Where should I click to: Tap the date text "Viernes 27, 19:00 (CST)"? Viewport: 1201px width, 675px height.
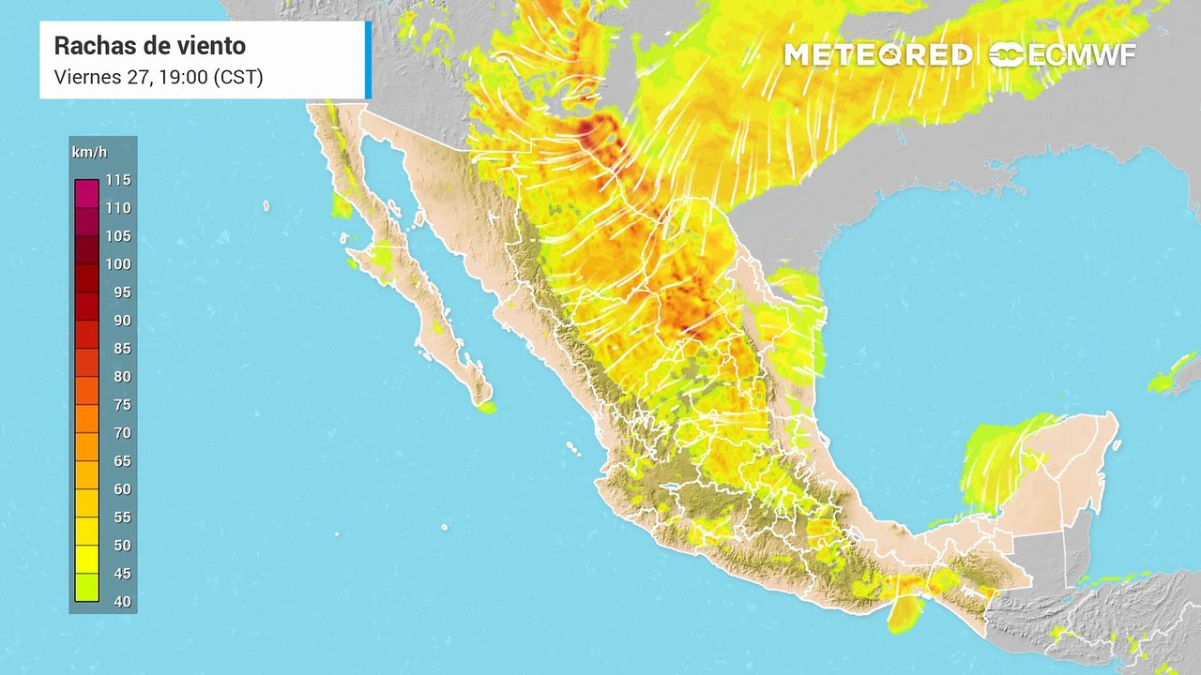click(159, 77)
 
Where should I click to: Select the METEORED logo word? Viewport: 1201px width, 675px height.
click(877, 55)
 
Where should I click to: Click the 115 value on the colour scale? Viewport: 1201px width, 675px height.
click(118, 179)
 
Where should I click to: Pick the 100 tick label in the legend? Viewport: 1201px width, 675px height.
click(118, 263)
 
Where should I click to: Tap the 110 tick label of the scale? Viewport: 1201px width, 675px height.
click(118, 207)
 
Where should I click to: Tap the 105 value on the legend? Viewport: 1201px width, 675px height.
click(118, 235)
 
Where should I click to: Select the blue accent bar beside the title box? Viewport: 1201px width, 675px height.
click(368, 60)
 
